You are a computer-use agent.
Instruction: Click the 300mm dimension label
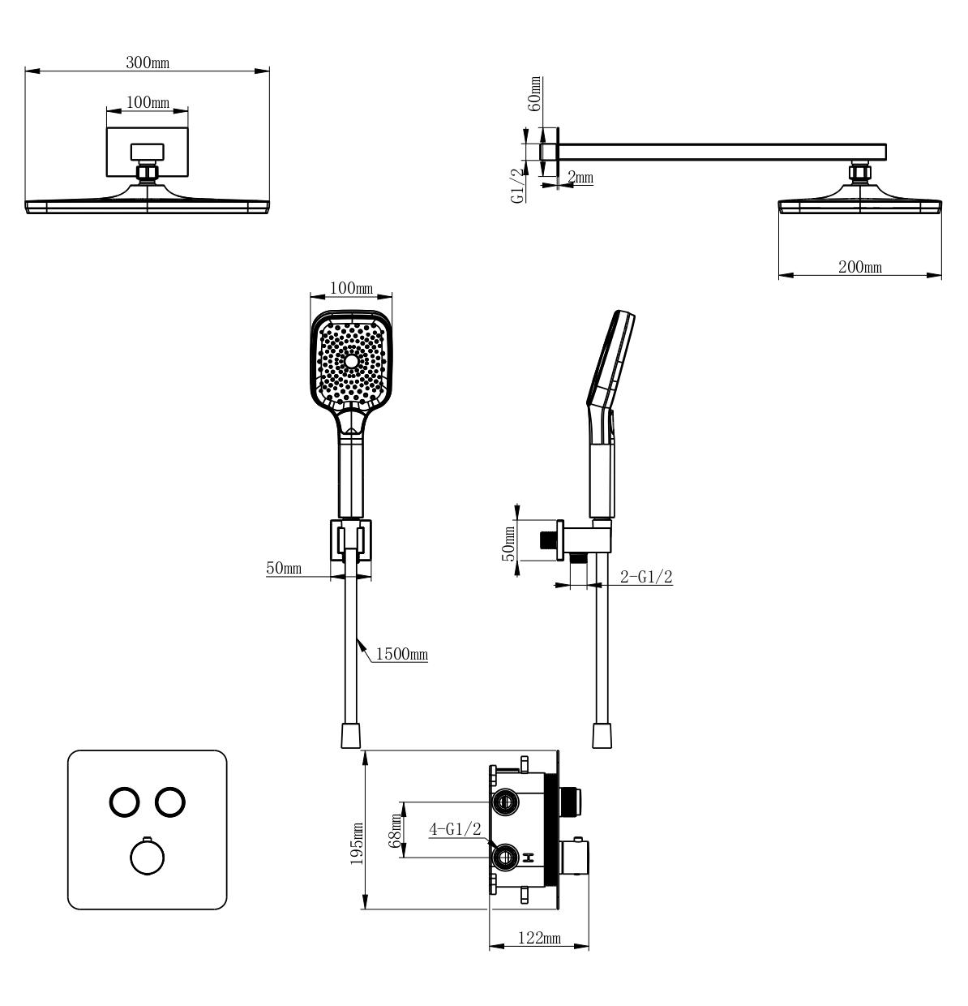pos(147,62)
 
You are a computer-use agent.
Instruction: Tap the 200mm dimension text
pos(860,267)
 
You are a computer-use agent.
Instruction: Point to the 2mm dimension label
pos(580,177)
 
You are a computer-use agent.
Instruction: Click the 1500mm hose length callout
pos(401,654)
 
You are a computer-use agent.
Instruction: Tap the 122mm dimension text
pos(539,938)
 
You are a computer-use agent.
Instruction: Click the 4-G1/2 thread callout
pos(455,828)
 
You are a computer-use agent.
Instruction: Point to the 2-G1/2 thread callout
pos(646,577)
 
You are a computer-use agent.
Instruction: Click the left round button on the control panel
pos(125,802)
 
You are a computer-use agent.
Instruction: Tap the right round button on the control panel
pos(170,802)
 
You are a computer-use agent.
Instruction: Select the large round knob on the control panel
pos(147,857)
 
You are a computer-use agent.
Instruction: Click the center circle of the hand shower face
pos(351,359)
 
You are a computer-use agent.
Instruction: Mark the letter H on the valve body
pos(529,857)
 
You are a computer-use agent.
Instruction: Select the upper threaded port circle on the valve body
pos(505,802)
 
